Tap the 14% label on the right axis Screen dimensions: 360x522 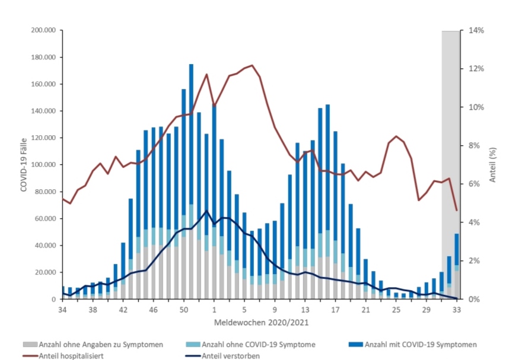coord(477,30)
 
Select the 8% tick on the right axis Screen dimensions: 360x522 coord(475,145)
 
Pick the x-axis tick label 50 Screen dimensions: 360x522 coord(184,310)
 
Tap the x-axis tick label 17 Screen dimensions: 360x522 coord(336,310)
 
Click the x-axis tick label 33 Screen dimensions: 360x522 coord(457,310)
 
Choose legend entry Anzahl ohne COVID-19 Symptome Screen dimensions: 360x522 coord(255,344)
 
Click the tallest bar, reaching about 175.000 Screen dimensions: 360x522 coord(191,178)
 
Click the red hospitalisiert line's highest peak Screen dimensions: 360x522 coord(252,65)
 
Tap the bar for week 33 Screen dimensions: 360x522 coord(457,267)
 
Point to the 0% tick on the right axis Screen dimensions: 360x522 coord(473,299)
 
